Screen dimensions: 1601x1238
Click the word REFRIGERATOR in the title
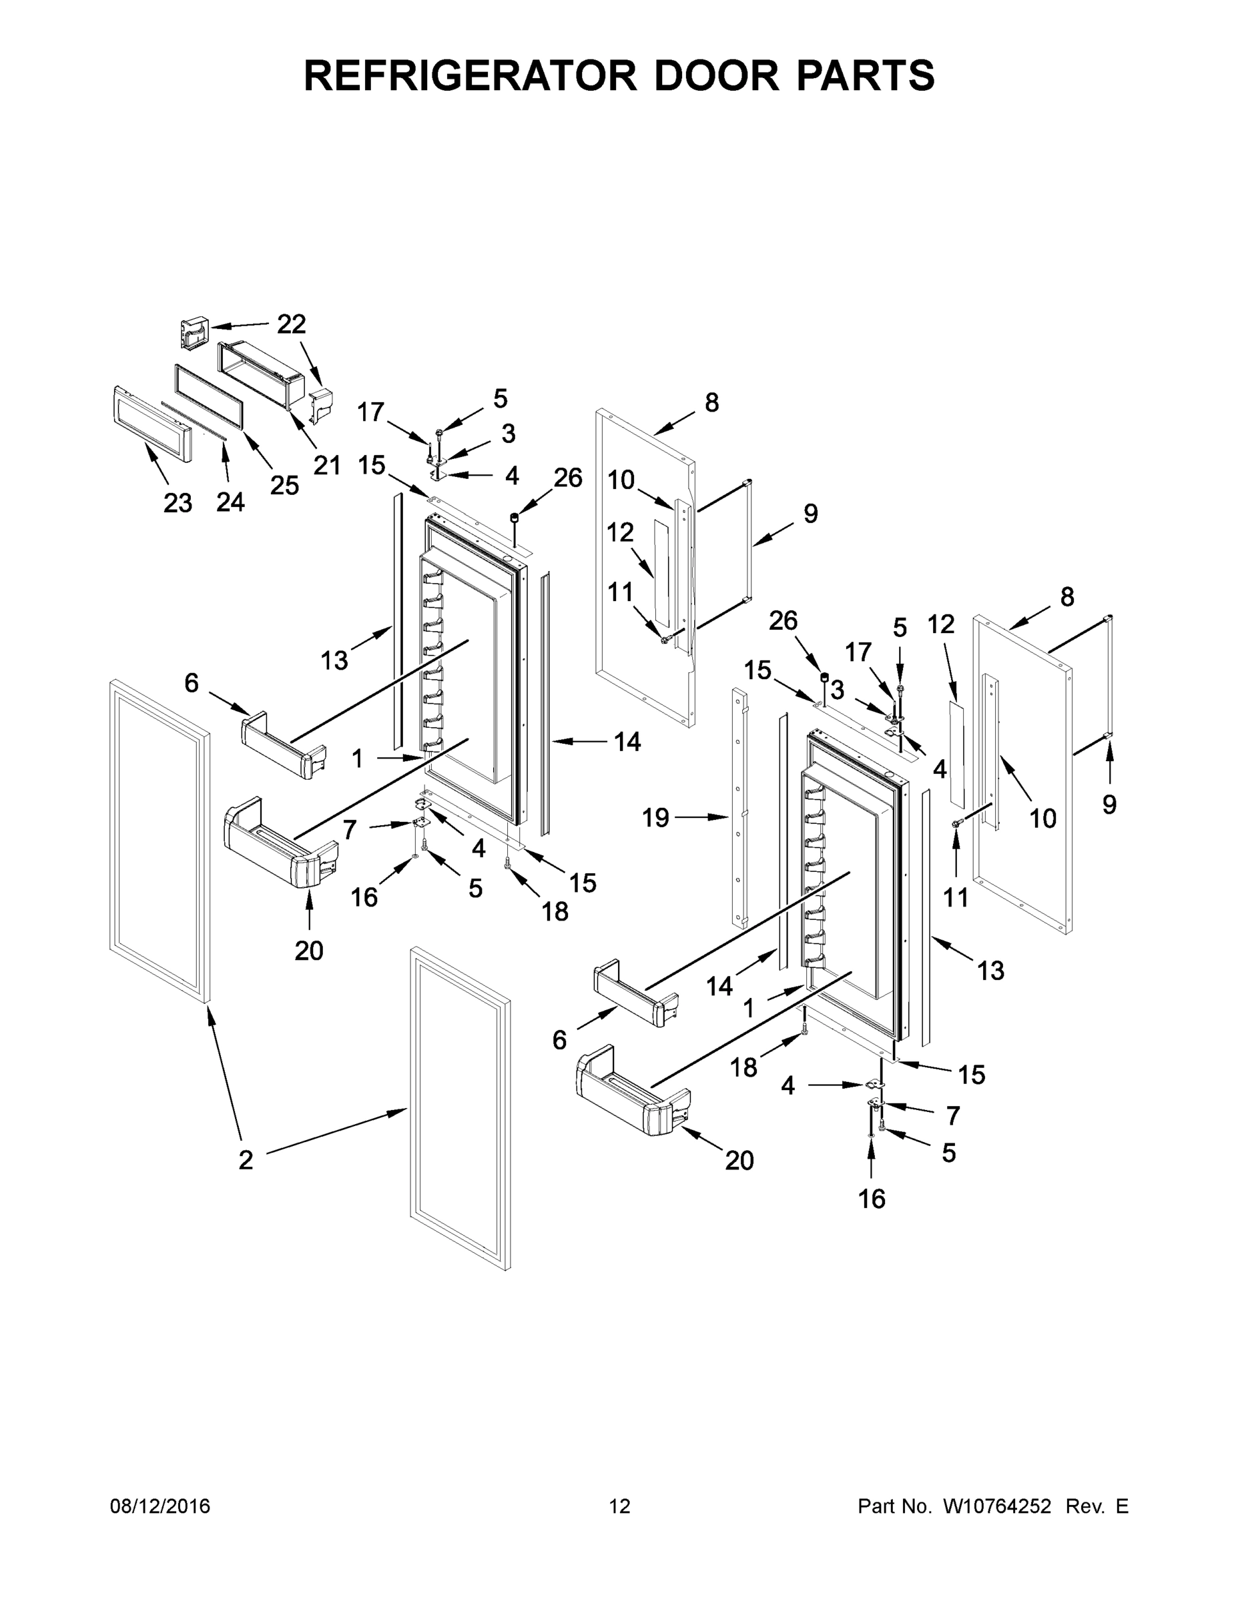469,75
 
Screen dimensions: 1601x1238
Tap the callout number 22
291,324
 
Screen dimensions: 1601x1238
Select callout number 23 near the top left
178,503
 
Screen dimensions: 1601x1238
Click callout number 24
230,502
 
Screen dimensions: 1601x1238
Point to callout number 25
284,485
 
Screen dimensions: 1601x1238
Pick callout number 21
327,465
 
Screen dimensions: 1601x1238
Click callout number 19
655,817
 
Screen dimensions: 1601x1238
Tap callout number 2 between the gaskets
246,1159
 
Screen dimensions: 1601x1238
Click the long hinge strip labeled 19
740,807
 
